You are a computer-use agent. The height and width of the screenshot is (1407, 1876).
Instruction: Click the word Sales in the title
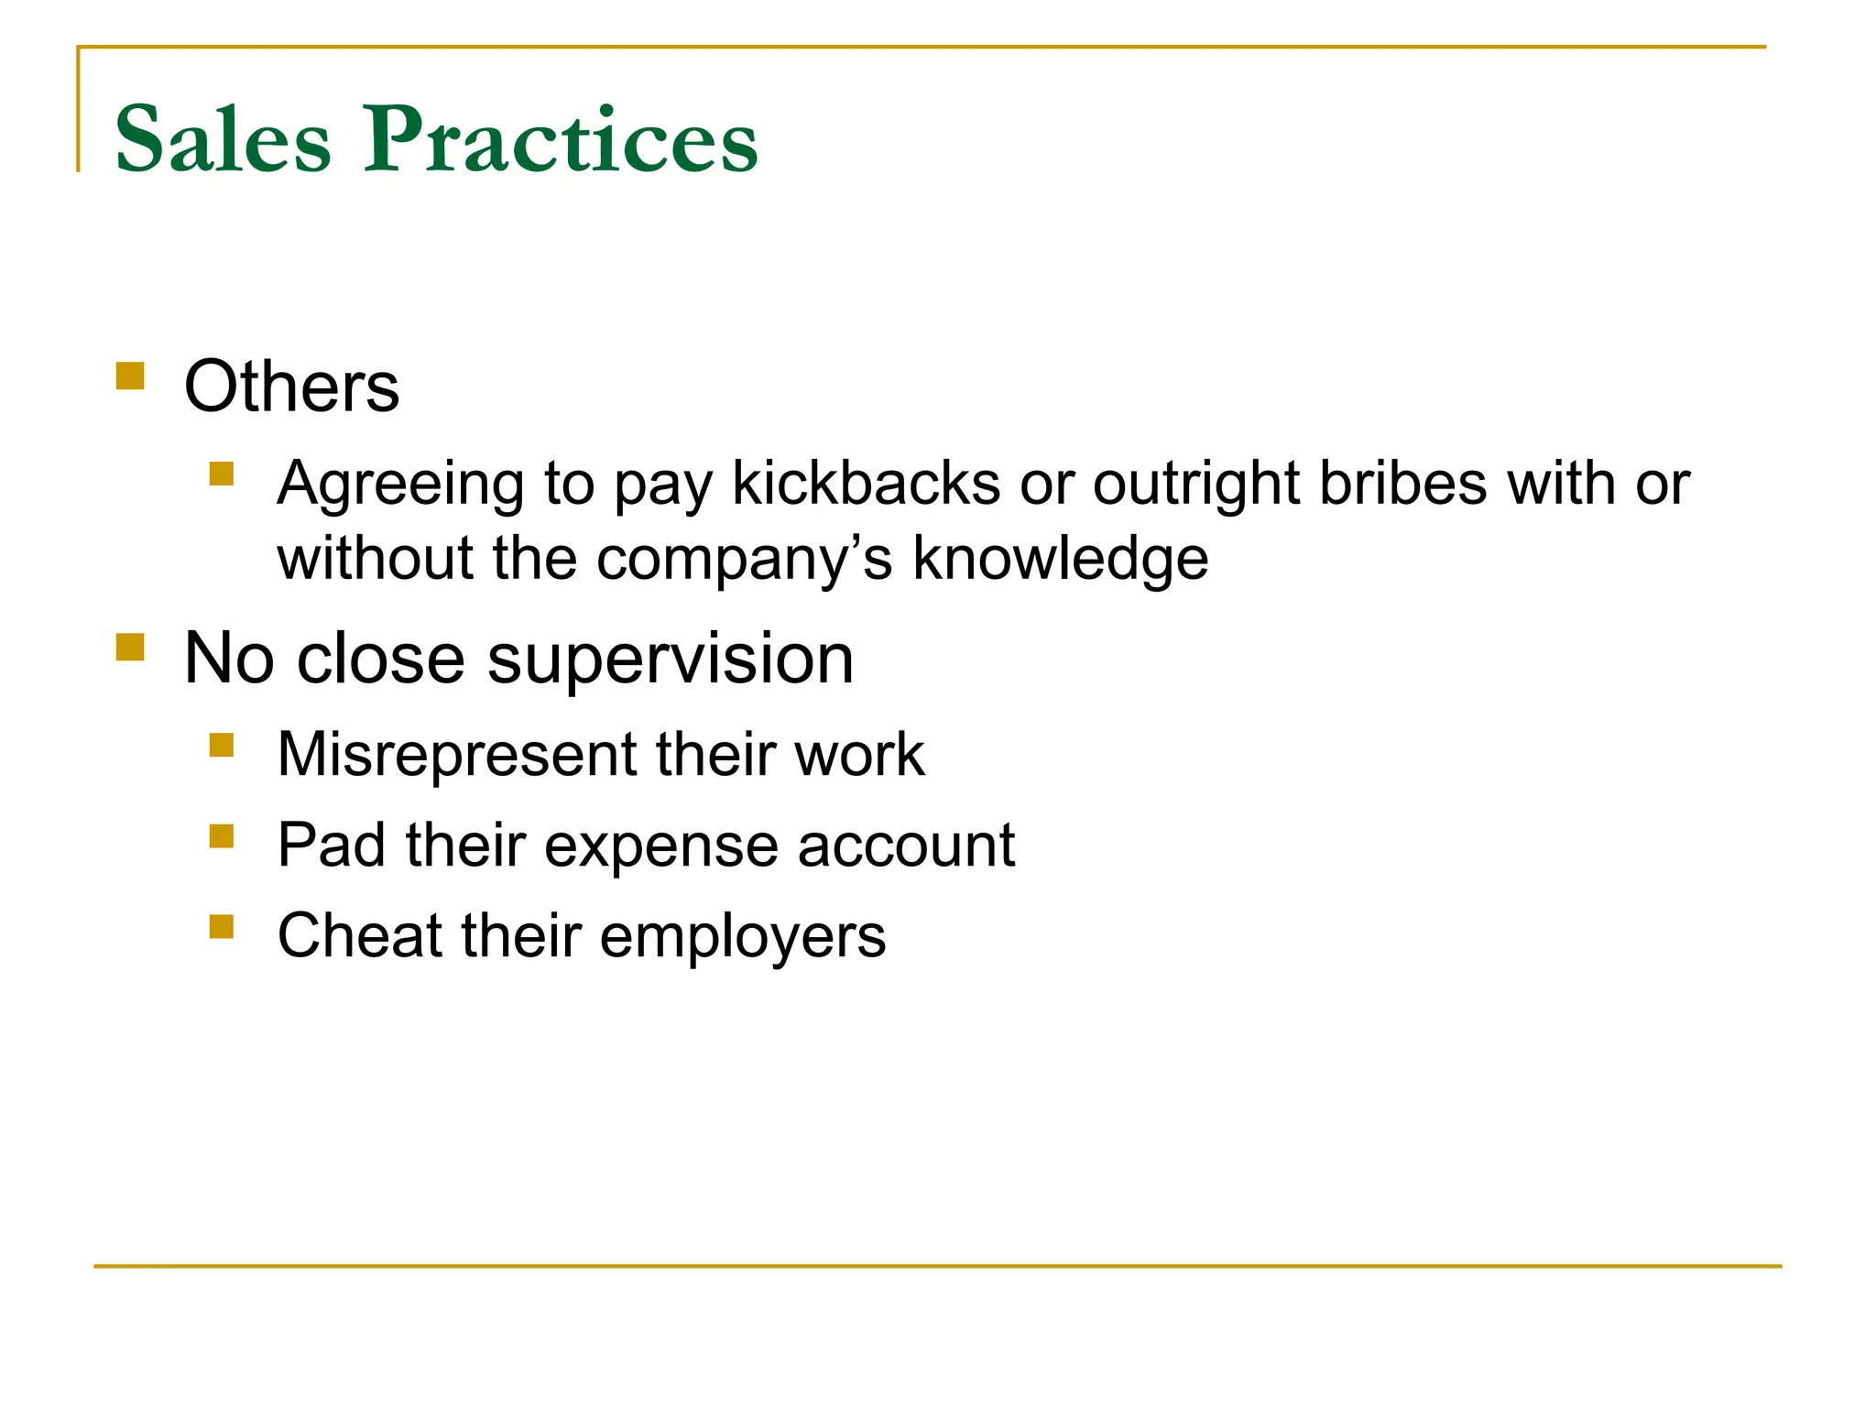[x=223, y=139]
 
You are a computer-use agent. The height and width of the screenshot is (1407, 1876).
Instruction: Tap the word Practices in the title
[x=561, y=139]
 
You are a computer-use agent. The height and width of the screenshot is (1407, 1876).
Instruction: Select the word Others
[x=291, y=387]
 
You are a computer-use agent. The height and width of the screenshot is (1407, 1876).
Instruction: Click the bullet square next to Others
[x=131, y=376]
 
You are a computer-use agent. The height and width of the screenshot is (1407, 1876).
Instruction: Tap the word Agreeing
[x=400, y=485]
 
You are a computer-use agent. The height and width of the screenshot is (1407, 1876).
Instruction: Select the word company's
[x=743, y=559]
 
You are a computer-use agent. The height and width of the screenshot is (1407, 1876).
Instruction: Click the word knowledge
[x=1060, y=559]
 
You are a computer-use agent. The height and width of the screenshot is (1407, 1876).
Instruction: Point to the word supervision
[x=670, y=659]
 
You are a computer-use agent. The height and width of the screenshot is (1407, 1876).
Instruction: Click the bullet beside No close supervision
[x=131, y=647]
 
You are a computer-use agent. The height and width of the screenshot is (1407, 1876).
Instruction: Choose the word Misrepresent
[x=455, y=755]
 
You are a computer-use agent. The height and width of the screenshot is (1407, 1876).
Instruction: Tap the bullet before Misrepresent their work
[x=222, y=745]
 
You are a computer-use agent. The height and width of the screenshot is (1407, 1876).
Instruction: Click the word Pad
[x=331, y=845]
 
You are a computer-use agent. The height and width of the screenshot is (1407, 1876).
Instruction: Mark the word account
[x=905, y=845]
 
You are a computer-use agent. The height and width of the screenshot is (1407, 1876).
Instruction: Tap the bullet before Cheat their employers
[x=222, y=926]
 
